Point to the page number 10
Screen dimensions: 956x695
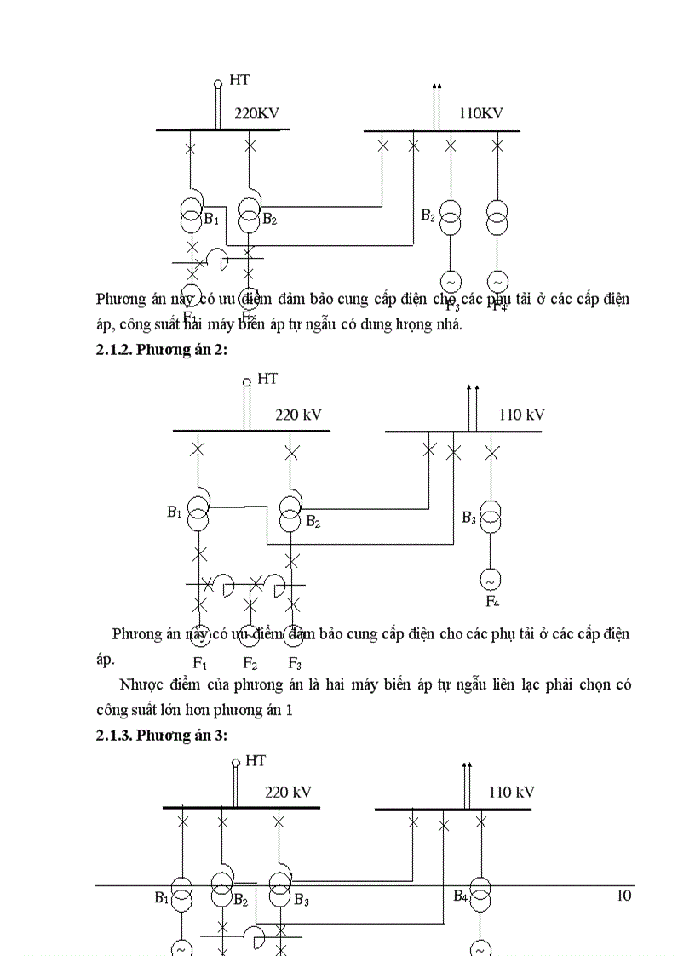pos(623,896)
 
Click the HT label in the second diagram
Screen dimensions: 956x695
pos(267,379)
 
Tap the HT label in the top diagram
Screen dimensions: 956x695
pos(239,81)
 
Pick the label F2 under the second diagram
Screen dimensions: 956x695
pos(250,664)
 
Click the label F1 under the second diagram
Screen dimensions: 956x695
pos(200,664)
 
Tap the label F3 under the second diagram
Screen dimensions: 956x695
pos(294,664)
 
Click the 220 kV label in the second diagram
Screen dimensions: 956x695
pos(298,415)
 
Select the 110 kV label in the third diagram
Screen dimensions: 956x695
pos(511,792)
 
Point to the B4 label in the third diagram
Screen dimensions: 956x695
pos(460,896)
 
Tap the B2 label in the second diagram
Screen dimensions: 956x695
pos(313,521)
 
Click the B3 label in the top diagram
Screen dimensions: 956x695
pos(428,215)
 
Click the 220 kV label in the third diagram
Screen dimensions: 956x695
pos(288,792)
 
